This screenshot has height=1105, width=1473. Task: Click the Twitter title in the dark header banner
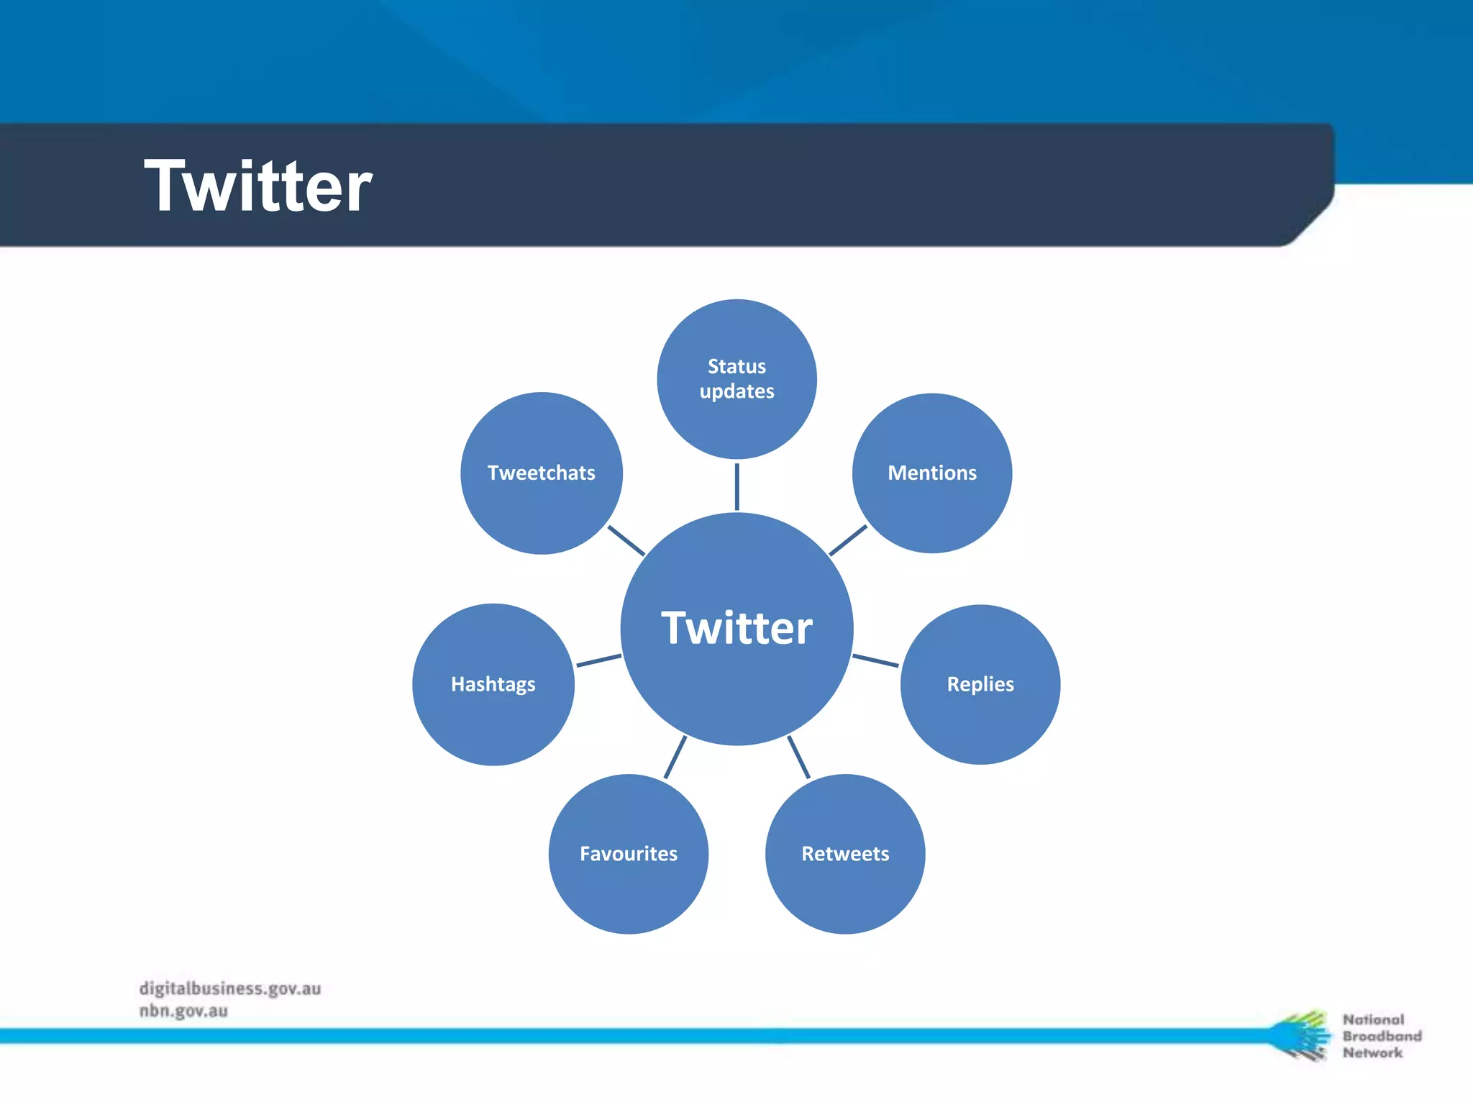click(x=257, y=187)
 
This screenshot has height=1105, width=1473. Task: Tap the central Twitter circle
click(x=736, y=628)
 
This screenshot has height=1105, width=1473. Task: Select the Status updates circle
click(x=736, y=379)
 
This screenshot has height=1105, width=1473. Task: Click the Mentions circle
click(x=932, y=473)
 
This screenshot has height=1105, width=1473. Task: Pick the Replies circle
click(x=980, y=684)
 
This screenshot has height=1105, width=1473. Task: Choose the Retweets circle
click(x=845, y=854)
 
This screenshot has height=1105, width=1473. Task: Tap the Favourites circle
click(x=629, y=854)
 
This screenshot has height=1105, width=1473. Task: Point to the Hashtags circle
click(x=493, y=684)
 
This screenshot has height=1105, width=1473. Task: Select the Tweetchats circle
click(x=542, y=473)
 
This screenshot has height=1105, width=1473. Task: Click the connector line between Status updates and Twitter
click(x=736, y=486)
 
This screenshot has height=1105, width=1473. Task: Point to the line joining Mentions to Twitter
click(x=848, y=540)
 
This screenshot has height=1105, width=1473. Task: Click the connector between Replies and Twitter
click(x=875, y=660)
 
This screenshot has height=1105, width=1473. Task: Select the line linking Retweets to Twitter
click(x=798, y=757)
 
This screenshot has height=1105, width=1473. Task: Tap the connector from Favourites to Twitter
click(x=675, y=757)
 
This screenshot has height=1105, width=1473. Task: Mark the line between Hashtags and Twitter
click(x=598, y=660)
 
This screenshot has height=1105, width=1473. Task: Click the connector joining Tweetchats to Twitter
click(x=626, y=540)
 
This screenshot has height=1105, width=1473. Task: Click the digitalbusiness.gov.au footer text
click(x=230, y=988)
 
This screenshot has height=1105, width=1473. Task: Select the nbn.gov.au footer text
click(x=183, y=1011)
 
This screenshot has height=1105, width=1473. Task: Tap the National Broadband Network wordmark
click(x=1381, y=1036)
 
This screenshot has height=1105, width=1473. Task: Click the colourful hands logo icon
click(x=1300, y=1035)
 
